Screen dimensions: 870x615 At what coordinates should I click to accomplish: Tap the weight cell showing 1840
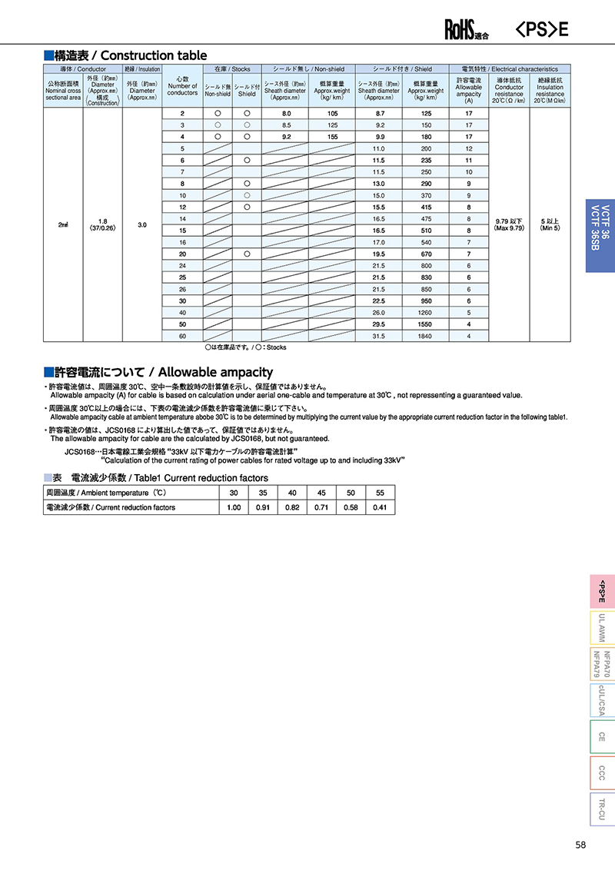(425, 335)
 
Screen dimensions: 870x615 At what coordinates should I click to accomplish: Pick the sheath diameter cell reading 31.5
(378, 335)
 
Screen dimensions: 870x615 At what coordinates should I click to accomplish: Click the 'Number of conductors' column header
(182, 86)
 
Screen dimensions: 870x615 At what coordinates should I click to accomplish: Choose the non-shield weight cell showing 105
(332, 113)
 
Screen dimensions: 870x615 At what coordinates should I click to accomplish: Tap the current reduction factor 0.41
(380, 507)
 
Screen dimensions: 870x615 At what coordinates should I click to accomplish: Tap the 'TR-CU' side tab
(602, 809)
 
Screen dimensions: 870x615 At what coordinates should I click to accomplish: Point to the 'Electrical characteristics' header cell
(510, 69)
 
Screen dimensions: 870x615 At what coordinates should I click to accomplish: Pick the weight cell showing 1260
(425, 313)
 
